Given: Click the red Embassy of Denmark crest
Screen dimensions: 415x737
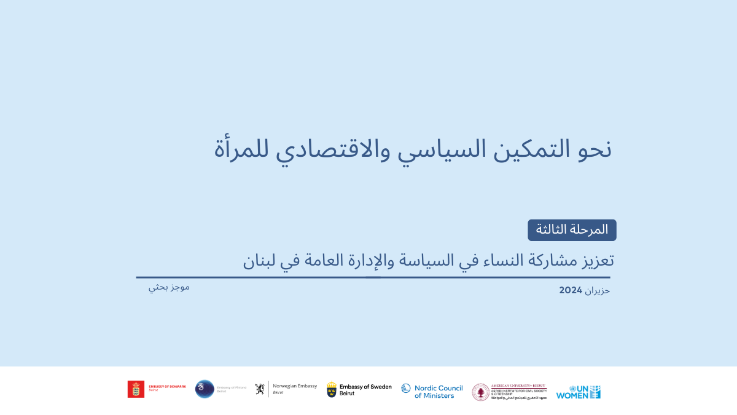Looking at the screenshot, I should tap(136, 389).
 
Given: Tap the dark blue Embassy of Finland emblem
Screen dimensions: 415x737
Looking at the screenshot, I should tap(205, 389).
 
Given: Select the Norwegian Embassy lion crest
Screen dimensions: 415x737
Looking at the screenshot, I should tap(260, 389).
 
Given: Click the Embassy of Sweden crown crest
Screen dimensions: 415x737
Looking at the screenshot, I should tap(332, 389).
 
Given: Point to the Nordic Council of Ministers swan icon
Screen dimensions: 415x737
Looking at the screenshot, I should tap(406, 389).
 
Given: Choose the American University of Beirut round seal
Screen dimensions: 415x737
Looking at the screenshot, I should tap(481, 392).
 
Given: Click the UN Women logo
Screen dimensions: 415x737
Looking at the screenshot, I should tap(578, 392).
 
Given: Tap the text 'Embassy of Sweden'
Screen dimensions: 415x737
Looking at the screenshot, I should tap(365, 387).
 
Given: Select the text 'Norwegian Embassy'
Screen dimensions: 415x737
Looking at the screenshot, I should tap(295, 386).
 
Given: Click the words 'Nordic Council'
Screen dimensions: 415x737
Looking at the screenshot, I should tap(439, 388).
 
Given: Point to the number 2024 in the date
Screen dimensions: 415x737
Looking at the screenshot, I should tap(570, 290).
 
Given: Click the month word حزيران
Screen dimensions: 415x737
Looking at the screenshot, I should tap(598, 291).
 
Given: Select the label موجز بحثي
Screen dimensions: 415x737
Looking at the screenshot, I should tap(169, 287).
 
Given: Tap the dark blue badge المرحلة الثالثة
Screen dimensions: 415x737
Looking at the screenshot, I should tap(572, 230).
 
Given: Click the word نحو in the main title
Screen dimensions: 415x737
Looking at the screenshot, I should tap(594, 149).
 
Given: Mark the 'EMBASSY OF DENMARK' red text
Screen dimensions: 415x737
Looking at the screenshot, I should tap(167, 386).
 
